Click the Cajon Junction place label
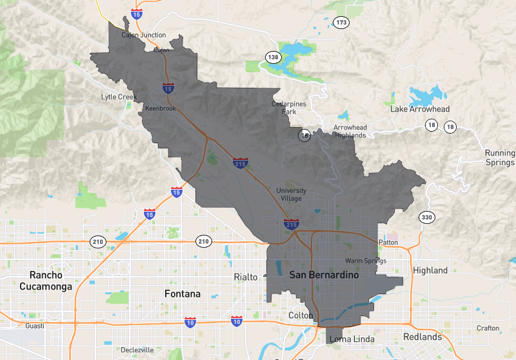(x=144, y=35)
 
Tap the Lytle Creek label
(x=119, y=97)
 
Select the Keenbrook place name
(x=161, y=108)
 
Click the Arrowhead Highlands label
(x=350, y=132)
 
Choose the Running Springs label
(x=500, y=157)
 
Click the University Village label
(x=292, y=194)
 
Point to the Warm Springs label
(x=366, y=261)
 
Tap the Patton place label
(x=389, y=243)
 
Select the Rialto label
(x=245, y=277)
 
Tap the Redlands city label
(x=422, y=337)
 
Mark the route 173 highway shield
(x=341, y=23)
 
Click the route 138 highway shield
(x=273, y=57)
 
